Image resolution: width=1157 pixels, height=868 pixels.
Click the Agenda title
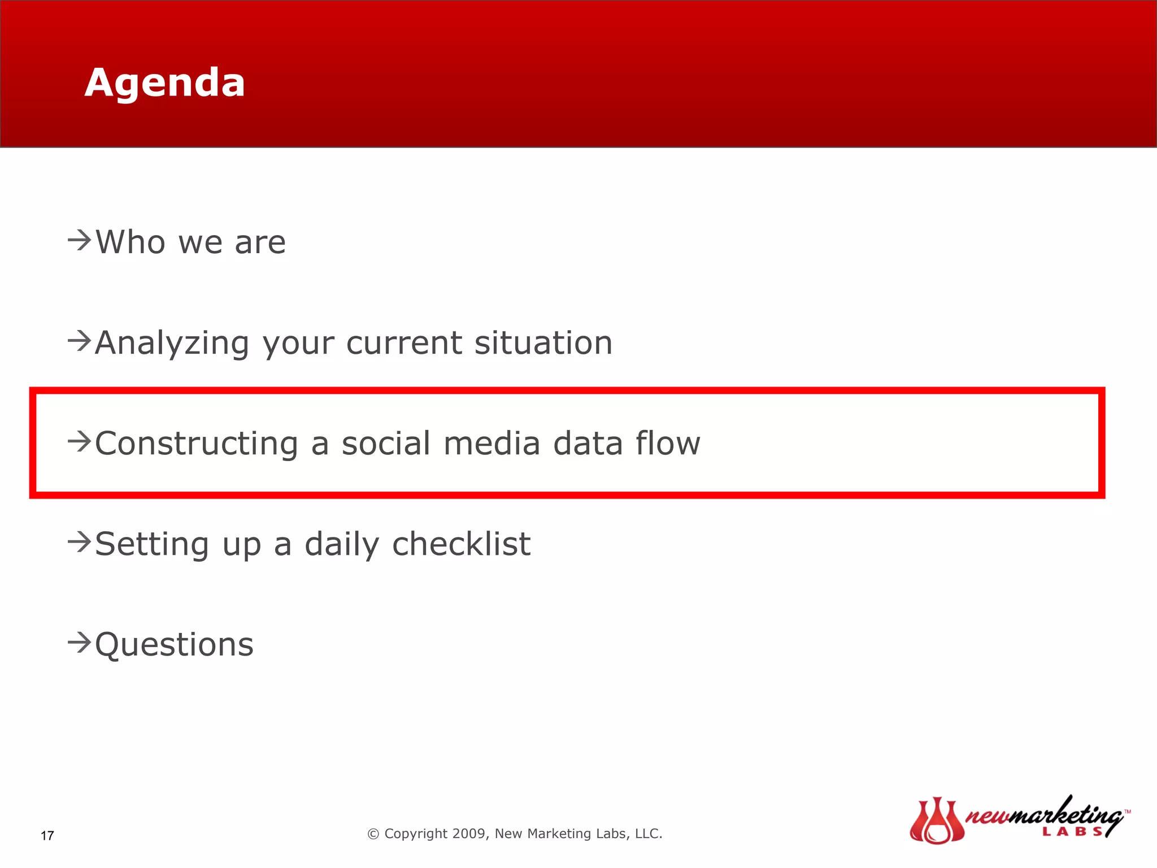tap(164, 83)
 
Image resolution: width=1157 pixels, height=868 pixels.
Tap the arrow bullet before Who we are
tap(80, 240)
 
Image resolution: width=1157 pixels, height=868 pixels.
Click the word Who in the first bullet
tap(131, 242)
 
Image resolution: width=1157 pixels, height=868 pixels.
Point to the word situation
tap(543, 343)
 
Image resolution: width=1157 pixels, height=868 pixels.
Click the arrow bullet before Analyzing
tap(80, 341)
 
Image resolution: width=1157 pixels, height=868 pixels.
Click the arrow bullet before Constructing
tap(80, 441)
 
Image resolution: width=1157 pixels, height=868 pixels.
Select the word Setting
tap(152, 545)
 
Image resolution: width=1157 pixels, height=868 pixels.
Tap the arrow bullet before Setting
tap(80, 542)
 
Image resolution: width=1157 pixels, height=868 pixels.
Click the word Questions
tap(175, 645)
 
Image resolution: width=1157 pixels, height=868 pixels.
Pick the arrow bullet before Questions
tap(80, 643)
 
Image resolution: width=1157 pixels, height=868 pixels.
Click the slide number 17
tap(47, 836)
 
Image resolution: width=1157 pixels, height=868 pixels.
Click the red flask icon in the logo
tap(936, 821)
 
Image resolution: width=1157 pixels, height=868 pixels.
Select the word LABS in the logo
tap(1072, 832)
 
